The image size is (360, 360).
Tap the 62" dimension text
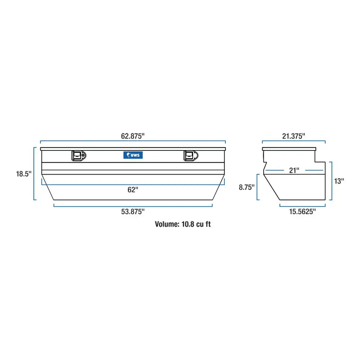point(133,190)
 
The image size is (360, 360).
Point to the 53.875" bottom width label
point(133,212)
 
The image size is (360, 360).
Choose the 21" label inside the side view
point(294,170)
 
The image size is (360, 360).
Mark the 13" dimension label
point(339,181)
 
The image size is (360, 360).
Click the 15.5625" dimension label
point(302,212)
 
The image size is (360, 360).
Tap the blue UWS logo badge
point(133,155)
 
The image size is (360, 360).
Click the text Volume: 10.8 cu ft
point(183,224)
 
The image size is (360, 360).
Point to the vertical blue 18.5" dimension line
point(35,174)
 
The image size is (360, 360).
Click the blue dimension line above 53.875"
point(133,206)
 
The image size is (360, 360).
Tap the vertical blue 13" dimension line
point(330,181)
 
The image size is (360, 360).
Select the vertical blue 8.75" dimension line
point(257,187)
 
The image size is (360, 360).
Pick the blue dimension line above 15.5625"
point(302,206)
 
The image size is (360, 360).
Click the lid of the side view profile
point(290,149)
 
